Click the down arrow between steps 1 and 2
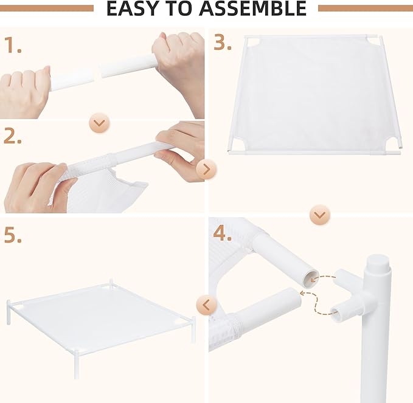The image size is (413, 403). click(x=100, y=123)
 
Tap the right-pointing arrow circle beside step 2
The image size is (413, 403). click(x=207, y=170)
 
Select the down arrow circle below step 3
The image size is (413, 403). click(x=320, y=215)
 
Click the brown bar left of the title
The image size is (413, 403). click(x=47, y=9)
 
